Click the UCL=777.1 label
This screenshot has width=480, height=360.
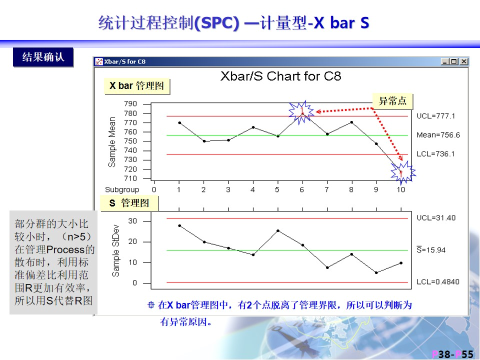pos(435,116)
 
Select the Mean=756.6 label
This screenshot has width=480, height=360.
pos(438,135)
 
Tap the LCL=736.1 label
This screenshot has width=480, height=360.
pos(435,153)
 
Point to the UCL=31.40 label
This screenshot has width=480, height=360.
pos(436,218)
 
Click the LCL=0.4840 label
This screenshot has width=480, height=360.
pos(438,281)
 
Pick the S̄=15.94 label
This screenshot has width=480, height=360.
pos(431,250)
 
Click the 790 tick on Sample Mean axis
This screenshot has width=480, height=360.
pos(130,104)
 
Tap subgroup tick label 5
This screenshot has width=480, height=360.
pos(277,190)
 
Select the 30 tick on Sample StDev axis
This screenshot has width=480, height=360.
pos(132,221)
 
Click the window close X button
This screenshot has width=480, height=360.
pos(464,61)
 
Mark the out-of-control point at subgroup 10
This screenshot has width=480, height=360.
pos(401,172)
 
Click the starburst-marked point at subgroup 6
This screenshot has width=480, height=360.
pos(302,113)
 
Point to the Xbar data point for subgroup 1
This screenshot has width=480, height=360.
pos(179,123)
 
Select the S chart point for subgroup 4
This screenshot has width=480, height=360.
pos(253,254)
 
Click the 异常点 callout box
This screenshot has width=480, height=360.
pos(392,101)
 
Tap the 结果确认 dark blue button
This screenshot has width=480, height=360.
pos(43,57)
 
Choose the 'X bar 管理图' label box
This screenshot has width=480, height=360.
pos(137,86)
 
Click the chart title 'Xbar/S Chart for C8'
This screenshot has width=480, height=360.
pos(280,76)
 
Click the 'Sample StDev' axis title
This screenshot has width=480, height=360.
pos(115,250)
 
